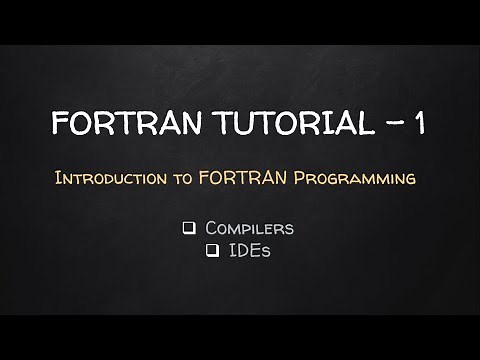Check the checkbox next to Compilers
tap(188, 229)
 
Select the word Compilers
tap(249, 229)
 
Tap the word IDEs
tap(251, 252)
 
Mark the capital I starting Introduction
tap(59, 180)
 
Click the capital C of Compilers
tap(210, 229)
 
